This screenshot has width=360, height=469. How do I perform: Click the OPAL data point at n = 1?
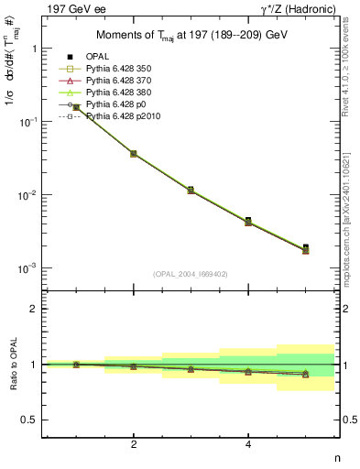click(76, 107)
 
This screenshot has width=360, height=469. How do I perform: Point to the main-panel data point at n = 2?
click(134, 153)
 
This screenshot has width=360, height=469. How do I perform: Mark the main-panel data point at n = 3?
click(191, 190)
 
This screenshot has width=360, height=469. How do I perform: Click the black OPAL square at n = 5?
click(306, 247)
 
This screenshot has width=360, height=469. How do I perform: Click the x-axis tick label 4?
click(248, 445)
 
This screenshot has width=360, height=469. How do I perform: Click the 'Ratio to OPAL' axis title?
click(13, 365)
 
